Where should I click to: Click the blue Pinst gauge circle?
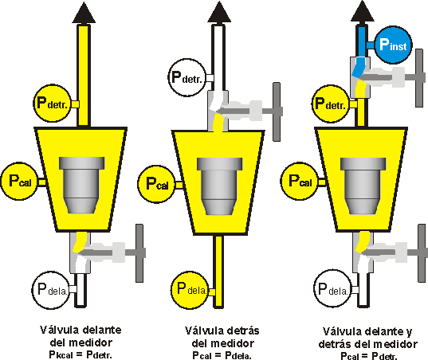[x=392, y=46]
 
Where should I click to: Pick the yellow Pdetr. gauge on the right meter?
[x=330, y=104]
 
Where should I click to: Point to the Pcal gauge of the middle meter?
[x=156, y=183]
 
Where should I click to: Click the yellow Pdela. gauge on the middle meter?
[x=191, y=288]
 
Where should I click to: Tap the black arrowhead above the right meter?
[x=363, y=11]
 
